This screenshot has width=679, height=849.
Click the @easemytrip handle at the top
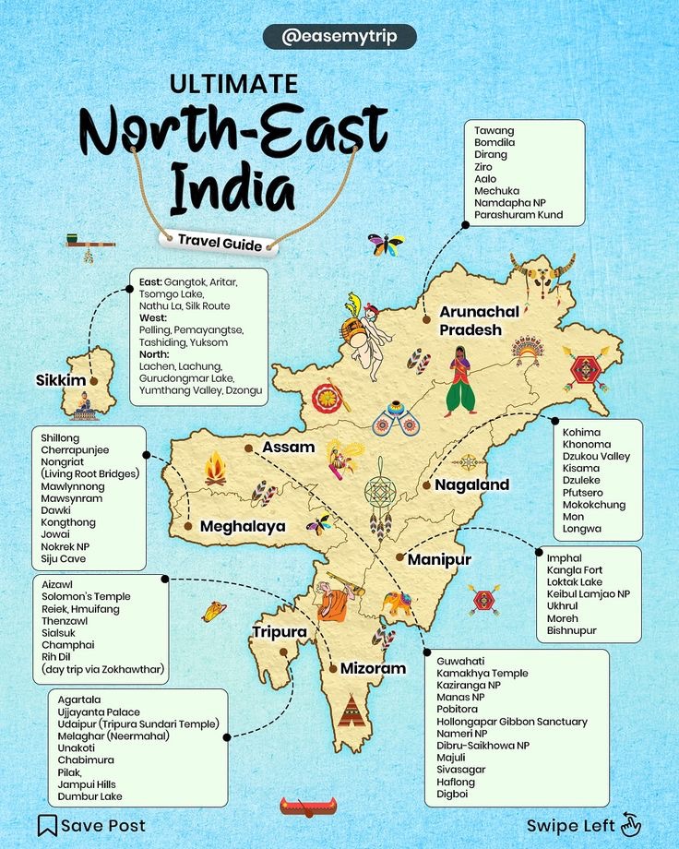pos(339,37)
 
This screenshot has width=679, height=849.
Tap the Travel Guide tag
pos(220,242)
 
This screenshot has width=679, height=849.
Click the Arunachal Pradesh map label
pos(478,321)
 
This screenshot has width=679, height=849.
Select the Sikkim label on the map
pos(61,380)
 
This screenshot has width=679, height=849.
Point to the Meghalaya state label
pos(243,526)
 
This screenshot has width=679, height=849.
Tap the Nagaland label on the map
pos(471,484)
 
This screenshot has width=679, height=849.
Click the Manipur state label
pos(439,559)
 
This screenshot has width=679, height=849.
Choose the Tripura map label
pos(280,631)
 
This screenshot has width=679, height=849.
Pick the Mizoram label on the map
pos(373,668)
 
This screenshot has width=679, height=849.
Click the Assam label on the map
pos(289,447)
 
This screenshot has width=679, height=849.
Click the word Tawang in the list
pos(494,131)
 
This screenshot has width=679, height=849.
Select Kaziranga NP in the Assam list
pos(470,686)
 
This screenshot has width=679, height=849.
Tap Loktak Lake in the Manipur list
pos(574,582)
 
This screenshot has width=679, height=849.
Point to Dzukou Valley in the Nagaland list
pos(596,456)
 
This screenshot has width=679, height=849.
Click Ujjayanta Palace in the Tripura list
pos(99,712)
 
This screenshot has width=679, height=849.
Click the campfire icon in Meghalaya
pos(215,469)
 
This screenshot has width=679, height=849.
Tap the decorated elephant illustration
pos(398,604)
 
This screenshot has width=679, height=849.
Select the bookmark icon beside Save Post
pos(47,825)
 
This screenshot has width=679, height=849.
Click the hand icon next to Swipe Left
pos(631,824)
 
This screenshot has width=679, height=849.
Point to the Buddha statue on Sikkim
pos(84,403)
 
